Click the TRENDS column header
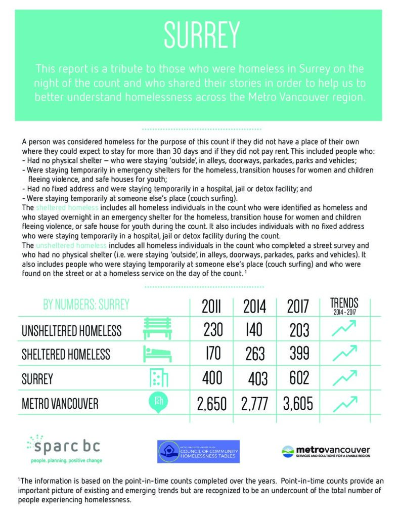coord(344,306)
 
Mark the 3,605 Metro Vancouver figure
coord(298,403)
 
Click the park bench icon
coord(158,329)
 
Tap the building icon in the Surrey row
coord(159,378)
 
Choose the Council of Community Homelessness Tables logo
coord(202,450)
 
